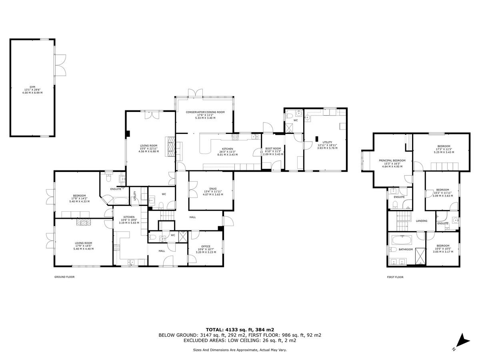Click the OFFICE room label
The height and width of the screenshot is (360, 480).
(x=206, y=249)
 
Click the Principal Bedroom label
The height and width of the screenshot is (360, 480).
(x=392, y=163)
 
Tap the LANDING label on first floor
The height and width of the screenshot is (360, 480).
(x=421, y=221)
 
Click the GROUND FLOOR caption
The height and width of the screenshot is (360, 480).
(x=64, y=277)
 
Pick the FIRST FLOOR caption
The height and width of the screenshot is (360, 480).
(x=395, y=277)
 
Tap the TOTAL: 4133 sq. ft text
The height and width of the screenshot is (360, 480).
(x=240, y=330)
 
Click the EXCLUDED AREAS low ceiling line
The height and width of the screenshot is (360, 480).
(x=240, y=341)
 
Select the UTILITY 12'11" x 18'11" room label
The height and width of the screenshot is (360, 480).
(x=327, y=145)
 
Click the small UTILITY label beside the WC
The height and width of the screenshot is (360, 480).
(x=135, y=196)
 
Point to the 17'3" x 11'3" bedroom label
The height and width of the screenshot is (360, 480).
(x=444, y=149)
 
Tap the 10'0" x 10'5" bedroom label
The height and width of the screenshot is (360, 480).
(x=442, y=248)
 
